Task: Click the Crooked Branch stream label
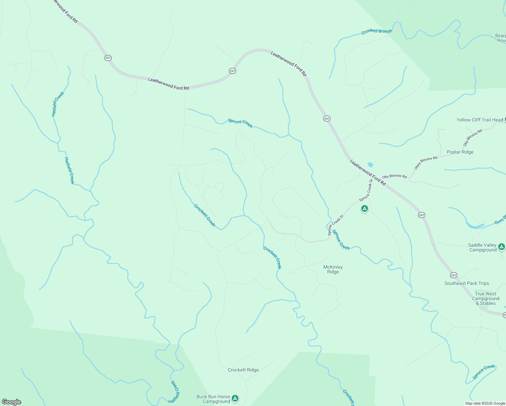coord(376,31)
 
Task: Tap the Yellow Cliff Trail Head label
coord(480,120)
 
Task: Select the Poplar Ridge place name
coord(460,152)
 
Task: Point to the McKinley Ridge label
coord(333,269)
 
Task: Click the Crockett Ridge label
coord(243,370)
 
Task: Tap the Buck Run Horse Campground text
coord(213,399)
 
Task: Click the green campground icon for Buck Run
coord(235,398)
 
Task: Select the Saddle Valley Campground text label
coord(482,247)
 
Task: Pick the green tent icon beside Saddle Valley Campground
coord(501,247)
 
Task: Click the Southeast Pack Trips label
coord(466,283)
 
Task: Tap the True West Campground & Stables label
coord(486,298)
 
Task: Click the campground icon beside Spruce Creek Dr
coord(364,209)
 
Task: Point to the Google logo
coord(11,402)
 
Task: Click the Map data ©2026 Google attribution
coord(485,403)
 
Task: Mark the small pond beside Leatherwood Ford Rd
coord(370,165)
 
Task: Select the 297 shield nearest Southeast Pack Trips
coord(454,275)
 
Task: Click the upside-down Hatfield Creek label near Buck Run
coord(175,392)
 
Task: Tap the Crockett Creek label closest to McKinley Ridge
coord(272,257)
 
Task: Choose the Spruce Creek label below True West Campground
coord(484,372)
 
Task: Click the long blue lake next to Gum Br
coord(475,225)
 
